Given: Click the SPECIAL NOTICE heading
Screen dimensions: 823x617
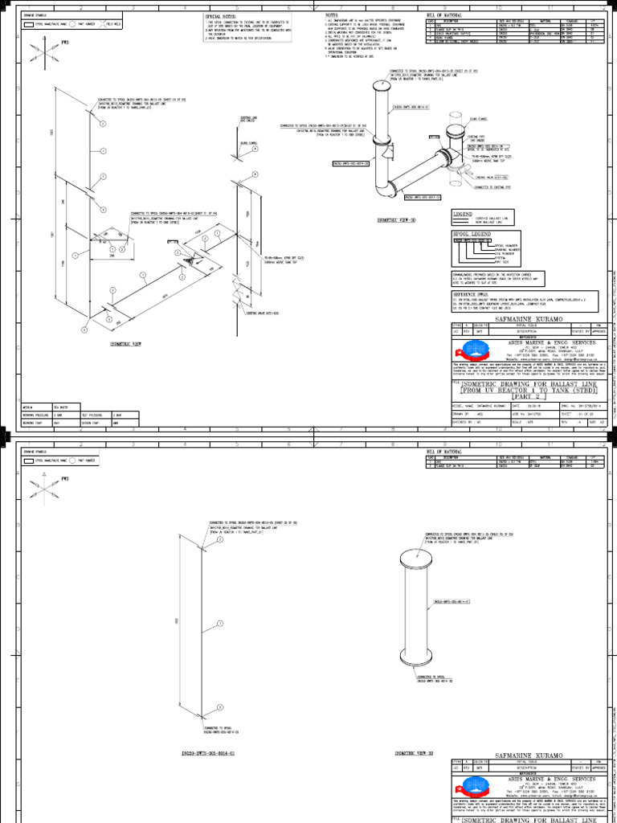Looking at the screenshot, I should tap(224, 16).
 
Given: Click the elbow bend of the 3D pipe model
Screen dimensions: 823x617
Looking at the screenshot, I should tap(389, 190).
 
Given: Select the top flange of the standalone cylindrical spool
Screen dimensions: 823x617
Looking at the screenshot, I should tap(416, 556).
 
